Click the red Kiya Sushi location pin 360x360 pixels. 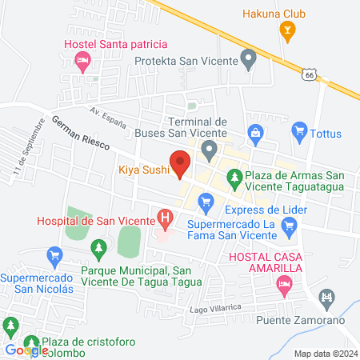pos(180,163)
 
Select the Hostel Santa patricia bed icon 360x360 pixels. pos(82,60)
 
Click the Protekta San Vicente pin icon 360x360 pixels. pos(249,58)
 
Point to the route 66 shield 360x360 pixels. pos(308,73)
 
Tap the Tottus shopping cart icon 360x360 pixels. pos(300,129)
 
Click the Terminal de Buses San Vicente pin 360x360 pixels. pos(209,148)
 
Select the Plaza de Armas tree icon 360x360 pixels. pos(233,179)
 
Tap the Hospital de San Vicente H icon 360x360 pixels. pos(165,217)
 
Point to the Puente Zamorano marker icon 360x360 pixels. pos(326,300)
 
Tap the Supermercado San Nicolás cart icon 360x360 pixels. pos(54,256)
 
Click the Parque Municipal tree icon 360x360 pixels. pos(99,251)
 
